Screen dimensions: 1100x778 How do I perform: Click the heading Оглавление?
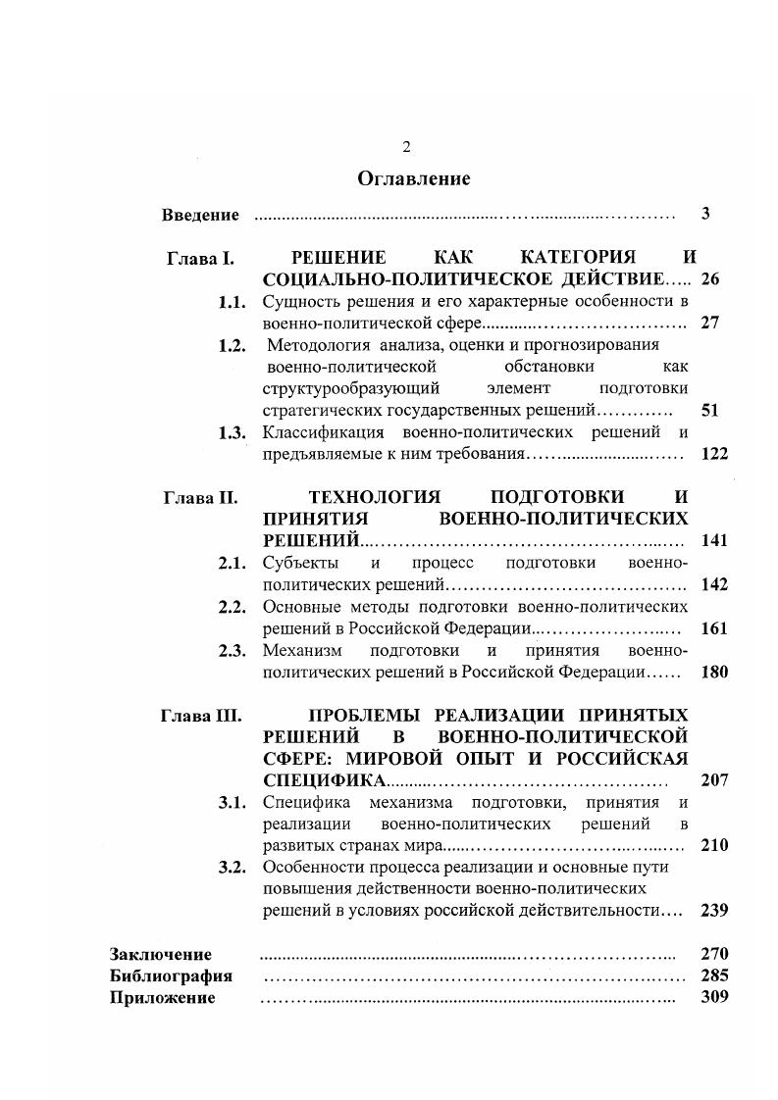413,178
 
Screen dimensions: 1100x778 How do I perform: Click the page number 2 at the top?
406,147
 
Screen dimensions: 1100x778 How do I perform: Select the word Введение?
200,215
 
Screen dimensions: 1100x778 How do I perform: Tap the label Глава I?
200,259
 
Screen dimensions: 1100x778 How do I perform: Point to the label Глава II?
200,498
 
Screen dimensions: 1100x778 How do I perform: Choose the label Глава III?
200,715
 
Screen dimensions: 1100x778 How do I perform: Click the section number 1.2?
232,345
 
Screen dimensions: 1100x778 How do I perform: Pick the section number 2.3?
232,650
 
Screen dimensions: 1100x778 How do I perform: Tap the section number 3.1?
232,802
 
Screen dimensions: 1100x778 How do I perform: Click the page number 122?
714,454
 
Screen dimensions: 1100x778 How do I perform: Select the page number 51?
711,411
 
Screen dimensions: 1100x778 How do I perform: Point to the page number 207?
714,780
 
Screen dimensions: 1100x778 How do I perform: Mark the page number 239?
714,910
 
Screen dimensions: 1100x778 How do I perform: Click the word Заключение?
161,954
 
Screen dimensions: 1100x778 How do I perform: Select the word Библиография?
171,976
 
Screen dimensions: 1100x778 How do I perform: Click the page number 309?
714,998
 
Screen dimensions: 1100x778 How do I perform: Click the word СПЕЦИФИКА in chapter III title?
326,780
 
